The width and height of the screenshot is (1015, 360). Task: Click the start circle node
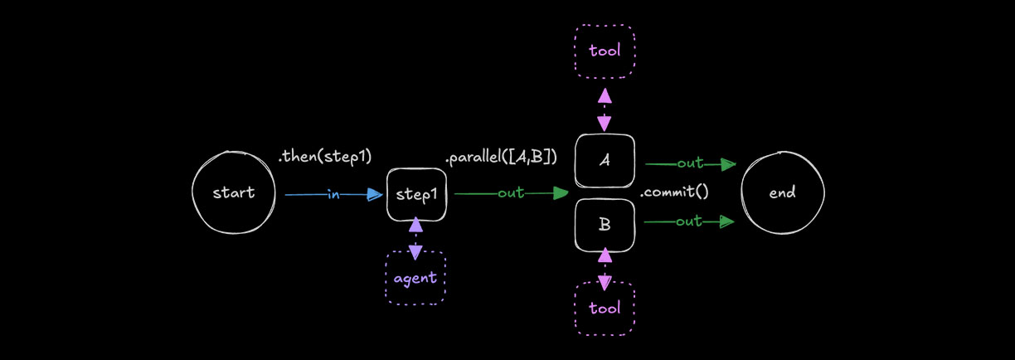point(233,193)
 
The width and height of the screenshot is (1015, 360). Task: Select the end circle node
point(782,193)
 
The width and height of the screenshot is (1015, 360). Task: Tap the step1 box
point(416,195)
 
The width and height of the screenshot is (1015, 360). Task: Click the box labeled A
point(605,161)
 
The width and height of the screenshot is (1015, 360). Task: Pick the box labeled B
point(605,224)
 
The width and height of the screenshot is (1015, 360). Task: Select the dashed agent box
point(415,278)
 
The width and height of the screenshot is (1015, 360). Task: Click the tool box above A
point(605,51)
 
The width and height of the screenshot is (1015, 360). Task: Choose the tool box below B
point(605,309)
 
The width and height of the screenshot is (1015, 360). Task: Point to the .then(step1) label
point(325,156)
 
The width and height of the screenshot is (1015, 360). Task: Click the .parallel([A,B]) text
point(501,156)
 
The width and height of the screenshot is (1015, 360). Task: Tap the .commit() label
point(674,192)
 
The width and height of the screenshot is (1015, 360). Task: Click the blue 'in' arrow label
point(333,195)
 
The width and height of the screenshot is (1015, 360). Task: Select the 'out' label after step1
point(511,193)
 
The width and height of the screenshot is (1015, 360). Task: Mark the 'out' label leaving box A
point(690,163)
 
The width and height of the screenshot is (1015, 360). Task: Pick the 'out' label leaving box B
point(689,221)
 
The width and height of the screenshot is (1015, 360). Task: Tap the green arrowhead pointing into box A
point(561,193)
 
